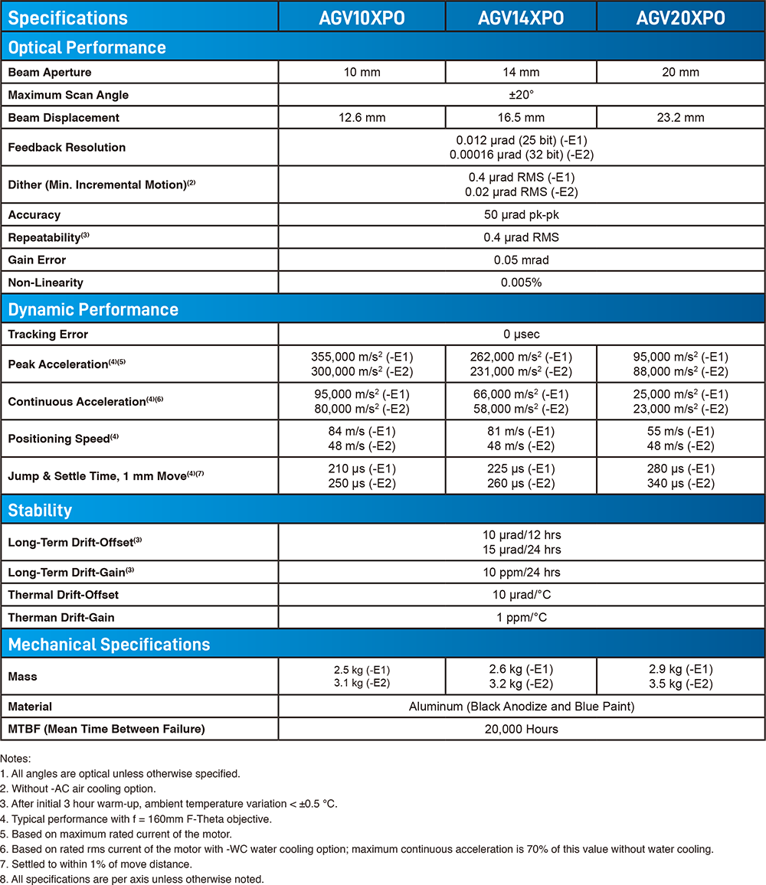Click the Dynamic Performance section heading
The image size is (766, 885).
click(93, 309)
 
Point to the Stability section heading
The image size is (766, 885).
click(40, 510)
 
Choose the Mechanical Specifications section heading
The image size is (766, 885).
click(109, 644)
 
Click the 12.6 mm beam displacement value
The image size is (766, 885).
click(362, 118)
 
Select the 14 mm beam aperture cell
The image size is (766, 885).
click(521, 73)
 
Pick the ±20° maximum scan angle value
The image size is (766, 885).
click(521, 95)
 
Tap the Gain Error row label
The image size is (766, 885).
click(37, 260)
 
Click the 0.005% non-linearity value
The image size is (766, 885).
click(521, 282)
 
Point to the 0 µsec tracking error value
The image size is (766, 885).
click(521, 335)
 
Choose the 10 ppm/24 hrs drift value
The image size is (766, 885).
click(521, 573)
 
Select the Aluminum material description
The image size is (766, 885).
click(521, 707)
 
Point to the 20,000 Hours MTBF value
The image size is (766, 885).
click(521, 729)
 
